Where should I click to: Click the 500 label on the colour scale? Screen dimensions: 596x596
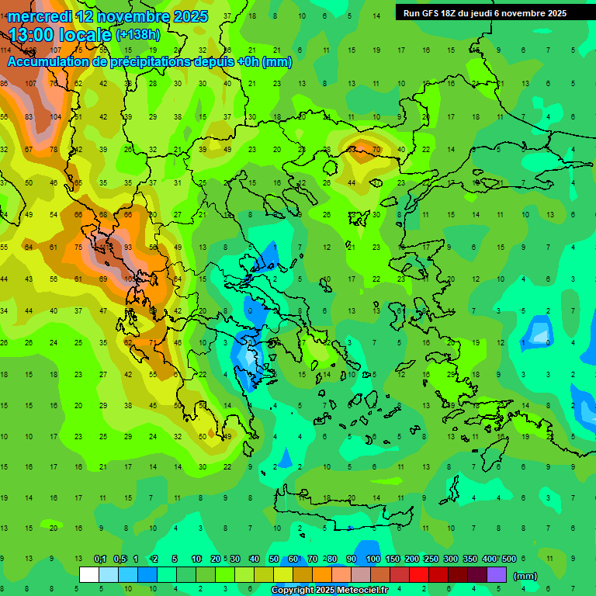point(508,560)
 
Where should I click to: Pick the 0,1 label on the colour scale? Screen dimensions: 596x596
point(100,560)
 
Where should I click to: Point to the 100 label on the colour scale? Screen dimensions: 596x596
point(372,560)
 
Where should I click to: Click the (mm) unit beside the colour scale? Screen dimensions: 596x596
point(525,576)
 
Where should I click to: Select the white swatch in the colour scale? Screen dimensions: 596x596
point(89,574)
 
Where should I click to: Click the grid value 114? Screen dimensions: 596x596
point(5,50)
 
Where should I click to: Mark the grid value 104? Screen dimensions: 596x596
point(55,116)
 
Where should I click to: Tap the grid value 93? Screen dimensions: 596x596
point(127,247)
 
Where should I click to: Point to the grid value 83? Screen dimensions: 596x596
point(29,116)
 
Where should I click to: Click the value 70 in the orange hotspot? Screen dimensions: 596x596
point(376,149)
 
